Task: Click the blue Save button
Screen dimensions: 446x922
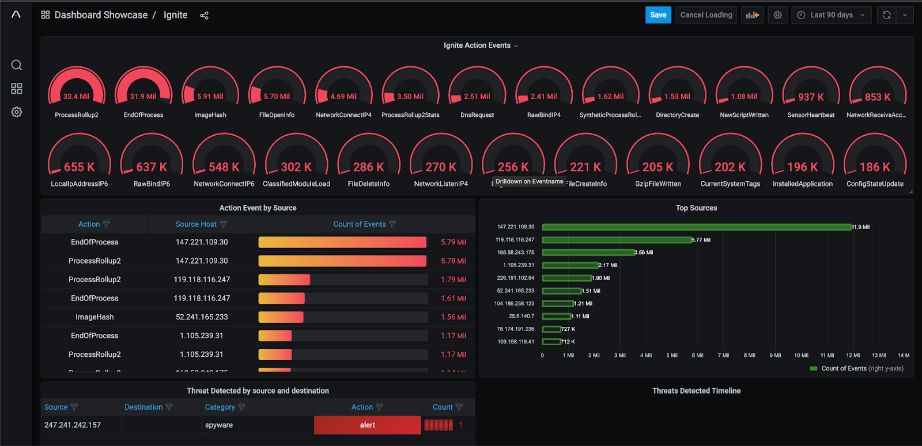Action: pyautogui.click(x=658, y=15)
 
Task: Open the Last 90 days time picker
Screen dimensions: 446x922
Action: pyautogui.click(x=831, y=15)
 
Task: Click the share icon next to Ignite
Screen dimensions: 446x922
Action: pyautogui.click(x=204, y=16)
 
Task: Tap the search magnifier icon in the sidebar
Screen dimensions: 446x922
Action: pyautogui.click(x=17, y=65)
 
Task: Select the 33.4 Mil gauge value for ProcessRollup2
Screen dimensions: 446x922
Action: pyautogui.click(x=77, y=97)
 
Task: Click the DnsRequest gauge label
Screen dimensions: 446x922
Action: pyautogui.click(x=477, y=115)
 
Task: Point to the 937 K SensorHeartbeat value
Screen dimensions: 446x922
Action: pyautogui.click(x=811, y=97)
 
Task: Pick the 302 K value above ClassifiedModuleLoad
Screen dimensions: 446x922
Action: pyautogui.click(x=296, y=167)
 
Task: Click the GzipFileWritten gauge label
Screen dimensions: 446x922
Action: pyautogui.click(x=658, y=184)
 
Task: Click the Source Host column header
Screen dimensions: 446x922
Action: pyautogui.click(x=196, y=224)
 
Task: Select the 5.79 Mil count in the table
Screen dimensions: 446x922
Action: pyautogui.click(x=454, y=242)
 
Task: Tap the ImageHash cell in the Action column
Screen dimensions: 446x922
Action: pyautogui.click(x=95, y=317)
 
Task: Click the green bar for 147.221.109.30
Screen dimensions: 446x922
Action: pyautogui.click(x=696, y=227)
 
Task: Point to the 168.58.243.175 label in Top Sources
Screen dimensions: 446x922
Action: pyautogui.click(x=516, y=253)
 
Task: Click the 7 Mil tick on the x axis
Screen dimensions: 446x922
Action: pyautogui.click(x=723, y=356)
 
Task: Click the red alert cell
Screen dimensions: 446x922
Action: pyautogui.click(x=368, y=425)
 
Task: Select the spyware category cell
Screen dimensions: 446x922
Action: pyautogui.click(x=219, y=425)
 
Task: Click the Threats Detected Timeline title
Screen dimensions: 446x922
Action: pyautogui.click(x=696, y=391)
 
